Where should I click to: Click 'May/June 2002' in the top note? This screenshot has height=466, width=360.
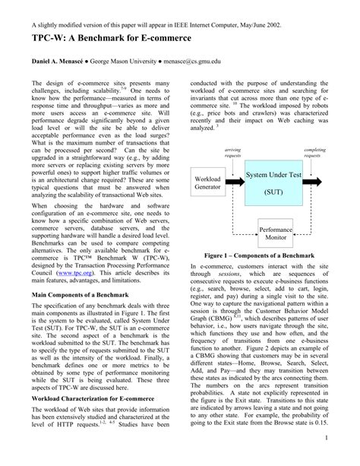(x=259, y=24)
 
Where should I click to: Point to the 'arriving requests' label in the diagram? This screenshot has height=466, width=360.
(x=232, y=155)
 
